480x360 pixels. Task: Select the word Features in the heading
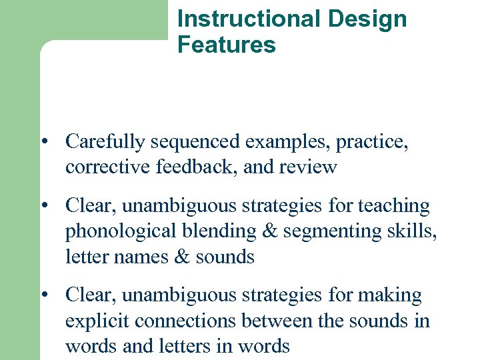point(226,45)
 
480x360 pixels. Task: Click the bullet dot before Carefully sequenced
point(43,142)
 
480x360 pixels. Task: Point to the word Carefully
point(105,141)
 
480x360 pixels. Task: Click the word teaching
point(394,206)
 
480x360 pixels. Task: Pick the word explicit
point(97,321)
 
